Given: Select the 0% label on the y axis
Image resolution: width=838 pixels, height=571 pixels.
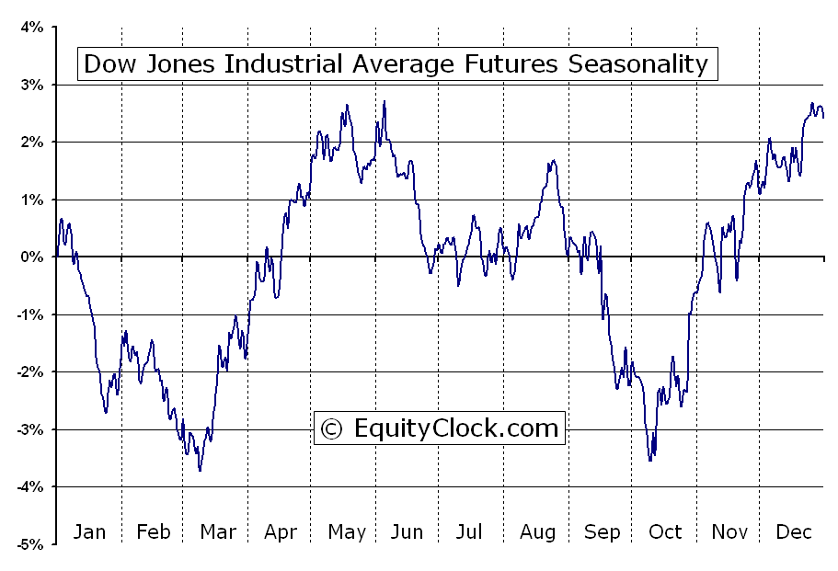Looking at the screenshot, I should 32,257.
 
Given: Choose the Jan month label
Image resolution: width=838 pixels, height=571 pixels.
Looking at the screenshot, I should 89,531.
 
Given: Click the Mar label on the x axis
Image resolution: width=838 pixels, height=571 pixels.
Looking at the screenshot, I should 218,531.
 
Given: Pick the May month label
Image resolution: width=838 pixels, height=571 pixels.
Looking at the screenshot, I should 347,531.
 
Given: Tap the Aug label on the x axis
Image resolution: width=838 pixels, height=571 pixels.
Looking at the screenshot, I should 537,531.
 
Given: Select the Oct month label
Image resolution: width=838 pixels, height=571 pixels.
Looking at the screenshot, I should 665,531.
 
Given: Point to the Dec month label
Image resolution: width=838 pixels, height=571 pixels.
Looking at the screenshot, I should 793,531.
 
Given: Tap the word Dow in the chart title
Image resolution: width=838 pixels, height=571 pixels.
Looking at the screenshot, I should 108,64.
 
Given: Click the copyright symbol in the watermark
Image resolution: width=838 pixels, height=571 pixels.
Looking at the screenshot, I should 332,428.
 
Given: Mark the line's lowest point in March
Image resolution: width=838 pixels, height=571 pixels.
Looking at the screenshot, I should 200,471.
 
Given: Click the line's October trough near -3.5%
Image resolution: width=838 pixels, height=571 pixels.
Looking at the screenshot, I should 650,460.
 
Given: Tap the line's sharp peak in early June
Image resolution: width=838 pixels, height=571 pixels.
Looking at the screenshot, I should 385,101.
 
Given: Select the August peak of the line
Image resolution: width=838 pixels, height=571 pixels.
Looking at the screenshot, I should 552,161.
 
